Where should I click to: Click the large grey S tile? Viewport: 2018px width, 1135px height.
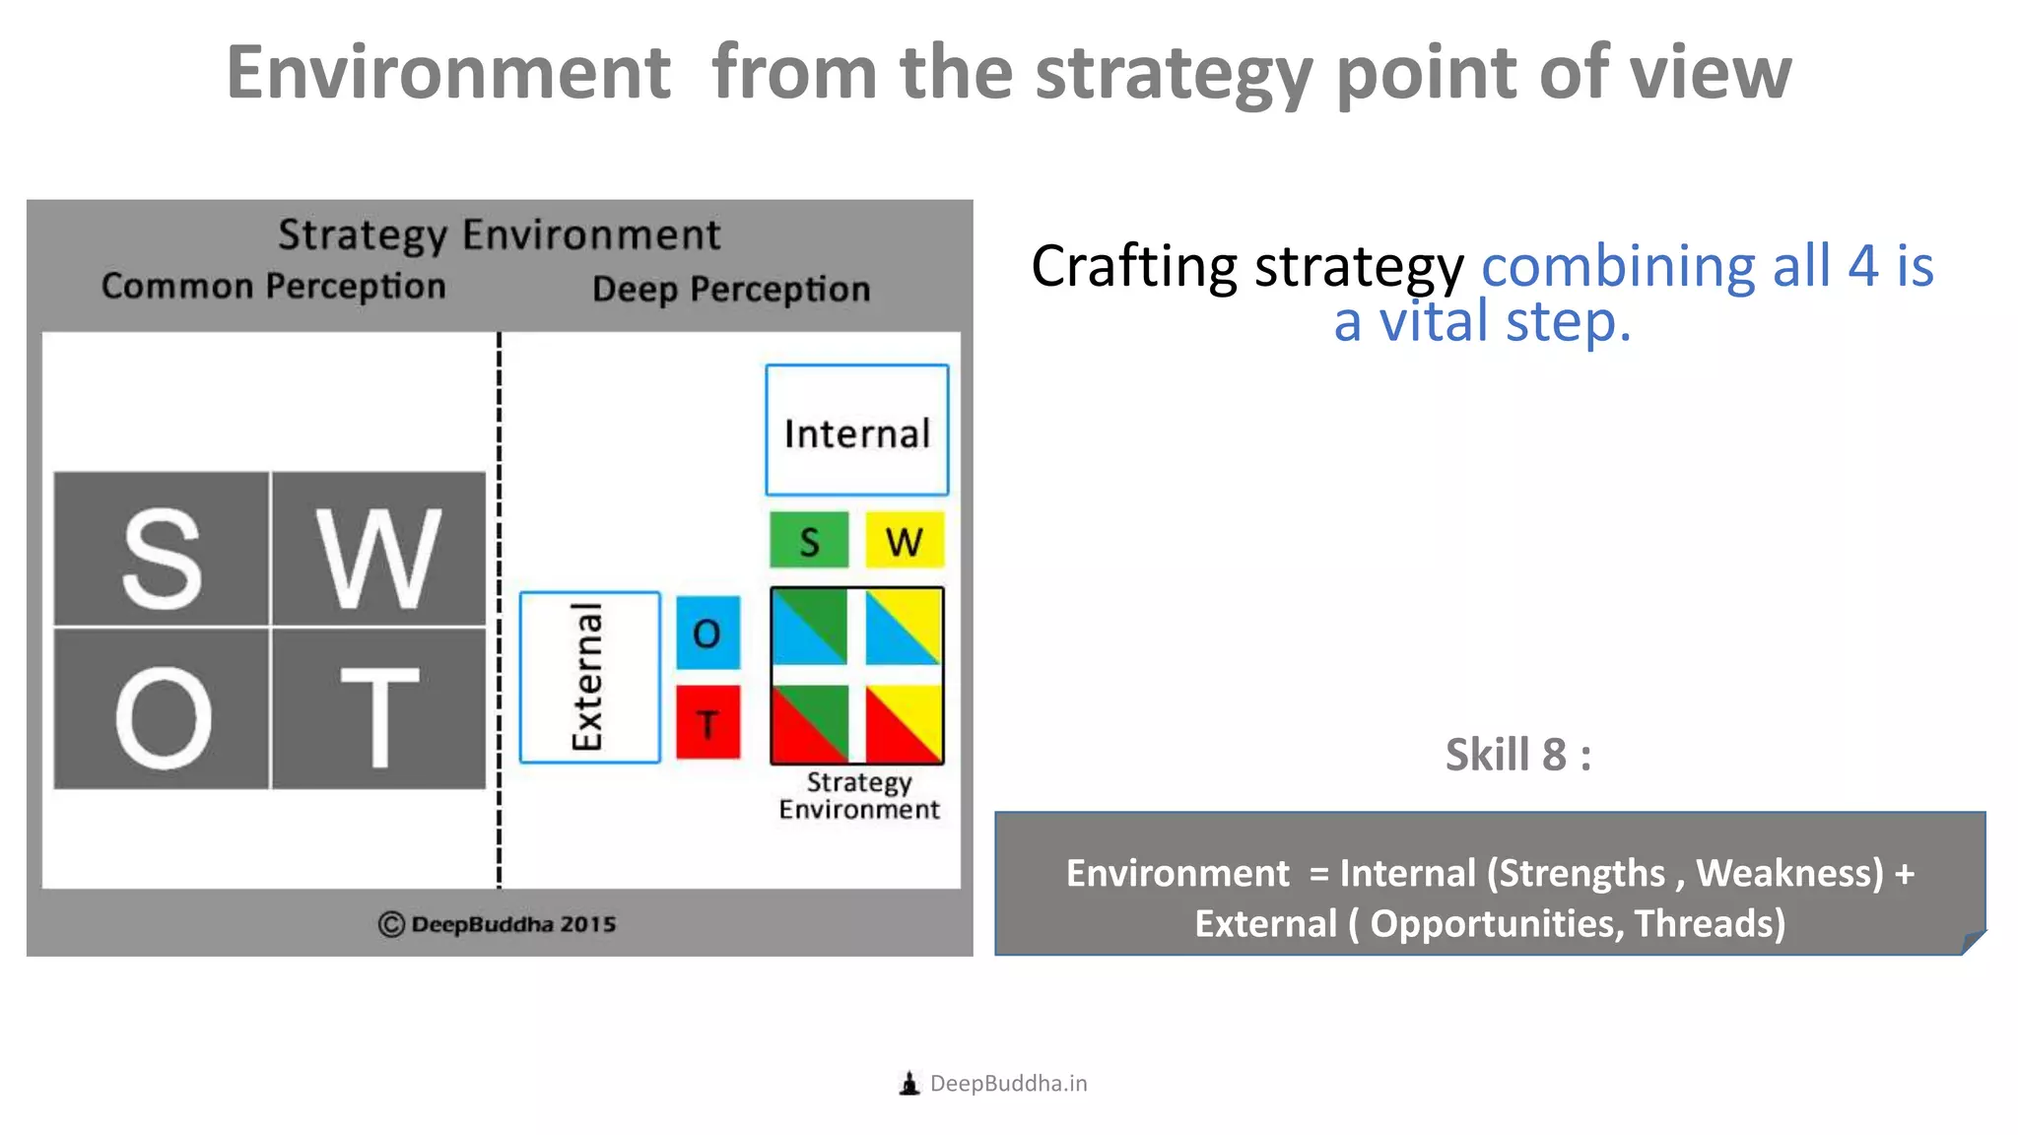pos(162,549)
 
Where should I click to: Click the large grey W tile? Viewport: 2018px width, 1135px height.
pos(378,549)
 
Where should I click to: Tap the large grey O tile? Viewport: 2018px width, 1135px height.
pos(162,709)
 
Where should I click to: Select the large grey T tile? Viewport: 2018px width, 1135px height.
pos(378,709)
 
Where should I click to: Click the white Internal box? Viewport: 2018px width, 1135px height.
pos(856,431)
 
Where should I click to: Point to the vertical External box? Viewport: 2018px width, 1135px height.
pos(589,678)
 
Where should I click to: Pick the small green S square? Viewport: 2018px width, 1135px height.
pos(809,540)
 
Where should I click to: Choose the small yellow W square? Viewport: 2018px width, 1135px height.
pos(905,540)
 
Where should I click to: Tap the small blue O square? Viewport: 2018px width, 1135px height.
pos(707,633)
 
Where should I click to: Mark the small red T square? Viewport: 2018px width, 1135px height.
pos(707,722)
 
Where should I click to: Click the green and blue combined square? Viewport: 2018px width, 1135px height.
pos(810,627)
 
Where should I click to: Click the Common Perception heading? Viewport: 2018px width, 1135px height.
pos(273,287)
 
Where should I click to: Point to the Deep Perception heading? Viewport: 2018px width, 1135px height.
pos(731,290)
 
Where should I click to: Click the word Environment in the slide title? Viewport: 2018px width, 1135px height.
pos(448,73)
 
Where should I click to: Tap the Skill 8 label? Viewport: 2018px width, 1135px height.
pos(1517,756)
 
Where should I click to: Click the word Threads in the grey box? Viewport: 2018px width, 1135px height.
pos(1709,924)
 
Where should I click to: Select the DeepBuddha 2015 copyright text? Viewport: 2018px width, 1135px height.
pos(498,924)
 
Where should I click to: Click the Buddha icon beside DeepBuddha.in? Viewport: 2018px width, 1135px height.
pos(909,1084)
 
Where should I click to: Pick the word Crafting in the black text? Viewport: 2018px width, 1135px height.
pos(1133,267)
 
